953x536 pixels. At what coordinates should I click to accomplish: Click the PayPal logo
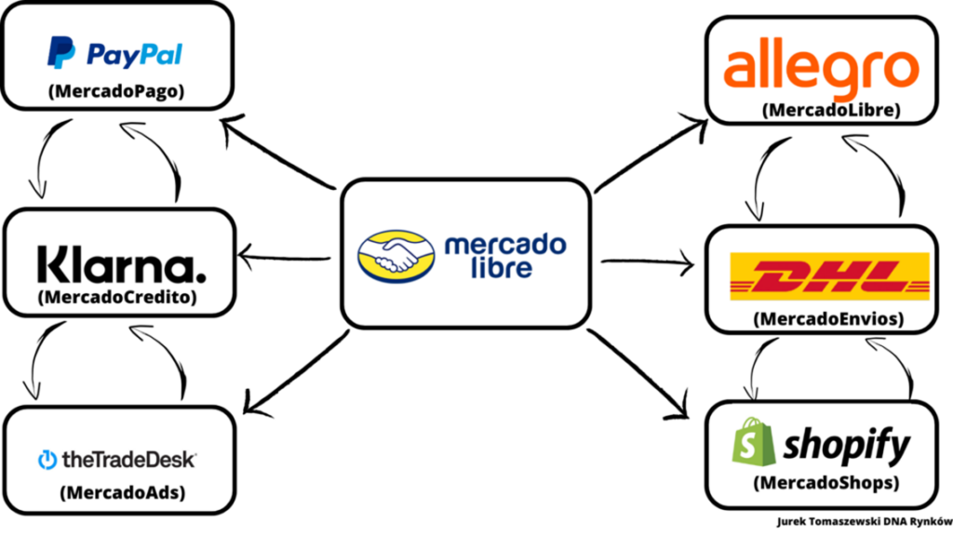pyautogui.click(x=114, y=54)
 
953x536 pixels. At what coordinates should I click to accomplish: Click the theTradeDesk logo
pyautogui.click(x=117, y=458)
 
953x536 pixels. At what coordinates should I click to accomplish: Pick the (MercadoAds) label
pyautogui.click(x=117, y=492)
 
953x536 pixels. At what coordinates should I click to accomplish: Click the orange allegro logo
pyautogui.click(x=821, y=67)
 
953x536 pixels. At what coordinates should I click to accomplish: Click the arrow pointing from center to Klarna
pyautogui.click(x=285, y=254)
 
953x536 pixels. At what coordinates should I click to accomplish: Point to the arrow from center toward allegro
pyautogui.click(x=649, y=154)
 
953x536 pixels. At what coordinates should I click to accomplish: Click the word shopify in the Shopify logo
pyautogui.click(x=846, y=446)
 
